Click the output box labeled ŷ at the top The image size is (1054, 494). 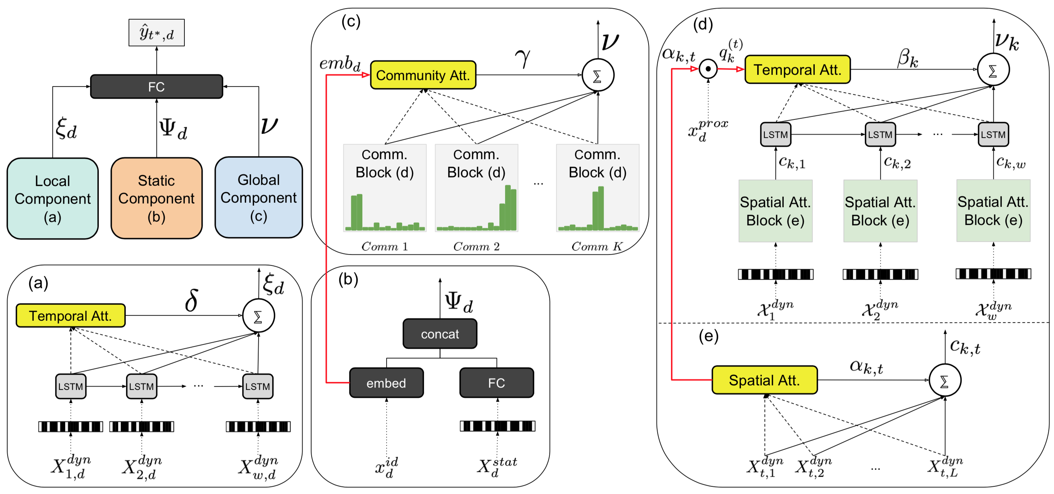[x=156, y=33]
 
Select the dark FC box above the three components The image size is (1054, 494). [x=156, y=87]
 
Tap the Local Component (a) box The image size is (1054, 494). [x=52, y=199]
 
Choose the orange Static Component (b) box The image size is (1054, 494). [x=156, y=198]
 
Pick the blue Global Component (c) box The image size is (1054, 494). [x=259, y=198]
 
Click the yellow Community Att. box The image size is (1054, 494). [x=423, y=75]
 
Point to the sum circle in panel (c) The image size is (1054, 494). [x=597, y=75]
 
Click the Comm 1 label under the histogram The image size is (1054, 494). [x=384, y=247]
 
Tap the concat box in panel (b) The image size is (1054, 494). [x=440, y=334]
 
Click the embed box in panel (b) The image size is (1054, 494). [x=386, y=383]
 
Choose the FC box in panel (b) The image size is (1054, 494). [x=496, y=383]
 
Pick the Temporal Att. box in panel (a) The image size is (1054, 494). [x=70, y=316]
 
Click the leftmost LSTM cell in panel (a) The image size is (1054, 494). [x=70, y=387]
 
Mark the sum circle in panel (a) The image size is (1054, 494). [x=258, y=316]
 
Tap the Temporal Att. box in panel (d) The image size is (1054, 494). [x=797, y=70]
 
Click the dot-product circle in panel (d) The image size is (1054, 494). [x=708, y=69]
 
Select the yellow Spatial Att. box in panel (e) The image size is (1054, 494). [x=764, y=380]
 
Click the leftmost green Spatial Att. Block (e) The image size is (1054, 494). [x=775, y=211]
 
